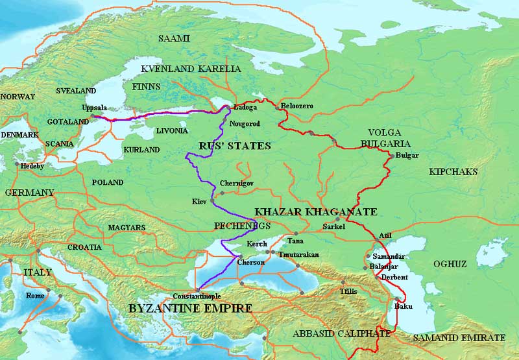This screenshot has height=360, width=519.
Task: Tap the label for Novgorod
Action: [245, 123]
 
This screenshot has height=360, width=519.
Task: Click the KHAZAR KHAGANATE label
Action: [316, 212]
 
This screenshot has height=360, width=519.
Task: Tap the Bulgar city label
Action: [406, 156]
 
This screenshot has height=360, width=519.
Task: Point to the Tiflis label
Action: [348, 291]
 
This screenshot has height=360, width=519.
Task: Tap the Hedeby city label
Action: [33, 166]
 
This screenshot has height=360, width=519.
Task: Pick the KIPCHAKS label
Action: [453, 172]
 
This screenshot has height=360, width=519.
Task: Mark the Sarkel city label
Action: [335, 227]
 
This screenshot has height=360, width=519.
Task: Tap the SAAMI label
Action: [175, 38]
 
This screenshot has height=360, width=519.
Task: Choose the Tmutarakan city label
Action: [298, 255]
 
